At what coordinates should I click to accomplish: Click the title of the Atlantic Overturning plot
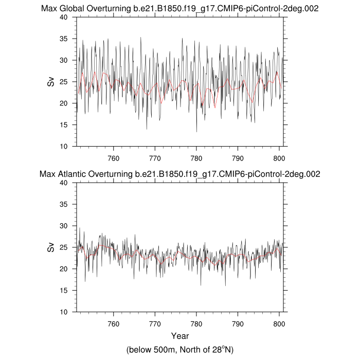[x=179, y=174]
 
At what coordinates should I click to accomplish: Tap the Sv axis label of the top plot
[x=51, y=81]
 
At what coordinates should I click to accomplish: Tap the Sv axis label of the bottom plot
[x=51, y=247]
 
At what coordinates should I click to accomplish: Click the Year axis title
[x=179, y=336]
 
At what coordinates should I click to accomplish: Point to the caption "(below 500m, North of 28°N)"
[x=179, y=350]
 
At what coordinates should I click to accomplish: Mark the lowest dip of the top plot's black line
[x=196, y=132]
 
